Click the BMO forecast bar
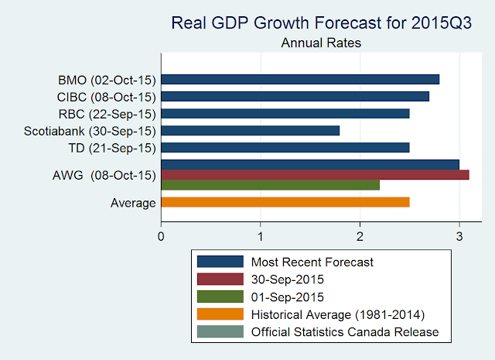point(300,79)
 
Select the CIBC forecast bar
point(295,96)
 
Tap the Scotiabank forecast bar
point(250,130)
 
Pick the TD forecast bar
point(285,147)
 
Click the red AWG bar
point(315,175)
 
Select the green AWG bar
point(270,185)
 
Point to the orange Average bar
point(285,202)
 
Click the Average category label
point(134,203)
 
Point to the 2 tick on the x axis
point(360,233)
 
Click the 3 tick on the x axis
point(459,233)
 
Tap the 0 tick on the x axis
point(161,233)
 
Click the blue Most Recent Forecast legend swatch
point(220,262)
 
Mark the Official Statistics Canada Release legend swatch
point(220,332)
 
